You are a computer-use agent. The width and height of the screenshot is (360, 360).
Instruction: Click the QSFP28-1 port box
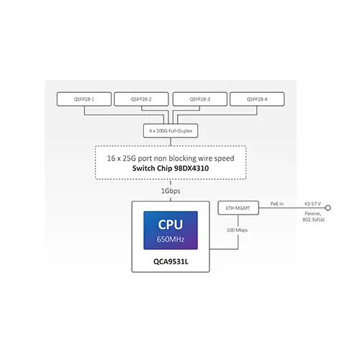[x=84, y=99]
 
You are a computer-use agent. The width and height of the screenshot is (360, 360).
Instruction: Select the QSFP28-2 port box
[x=141, y=99]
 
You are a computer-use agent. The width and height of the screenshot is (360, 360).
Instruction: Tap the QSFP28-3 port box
[x=200, y=99]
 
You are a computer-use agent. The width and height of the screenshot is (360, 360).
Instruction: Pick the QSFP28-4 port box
[x=257, y=99]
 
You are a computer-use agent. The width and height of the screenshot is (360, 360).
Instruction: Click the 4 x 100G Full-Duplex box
[x=171, y=131]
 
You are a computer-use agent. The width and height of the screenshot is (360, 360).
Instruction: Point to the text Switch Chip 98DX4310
[x=171, y=168]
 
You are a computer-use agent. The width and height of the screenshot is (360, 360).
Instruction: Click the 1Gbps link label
[x=171, y=191]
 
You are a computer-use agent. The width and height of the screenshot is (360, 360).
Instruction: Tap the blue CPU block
[x=171, y=230]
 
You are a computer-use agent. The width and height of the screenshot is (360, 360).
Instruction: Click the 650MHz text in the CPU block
[x=171, y=239]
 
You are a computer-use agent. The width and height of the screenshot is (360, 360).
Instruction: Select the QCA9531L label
[x=171, y=261]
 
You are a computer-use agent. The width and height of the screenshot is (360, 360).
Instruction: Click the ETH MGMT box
[x=238, y=208]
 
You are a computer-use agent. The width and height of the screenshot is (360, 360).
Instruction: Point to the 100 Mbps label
[x=237, y=230]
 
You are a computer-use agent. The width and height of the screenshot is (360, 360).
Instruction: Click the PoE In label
[x=277, y=204]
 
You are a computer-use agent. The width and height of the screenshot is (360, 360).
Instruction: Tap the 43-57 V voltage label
[x=312, y=204]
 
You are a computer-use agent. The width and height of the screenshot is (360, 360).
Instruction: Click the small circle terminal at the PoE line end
[x=328, y=208]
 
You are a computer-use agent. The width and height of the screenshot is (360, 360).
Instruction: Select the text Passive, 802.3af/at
[x=313, y=217]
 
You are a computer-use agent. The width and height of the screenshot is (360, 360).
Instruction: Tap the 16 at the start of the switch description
[x=111, y=158]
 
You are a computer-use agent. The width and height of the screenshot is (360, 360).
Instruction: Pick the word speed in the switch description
[x=224, y=158]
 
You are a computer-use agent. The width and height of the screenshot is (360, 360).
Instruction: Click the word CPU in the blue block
[x=171, y=225]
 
